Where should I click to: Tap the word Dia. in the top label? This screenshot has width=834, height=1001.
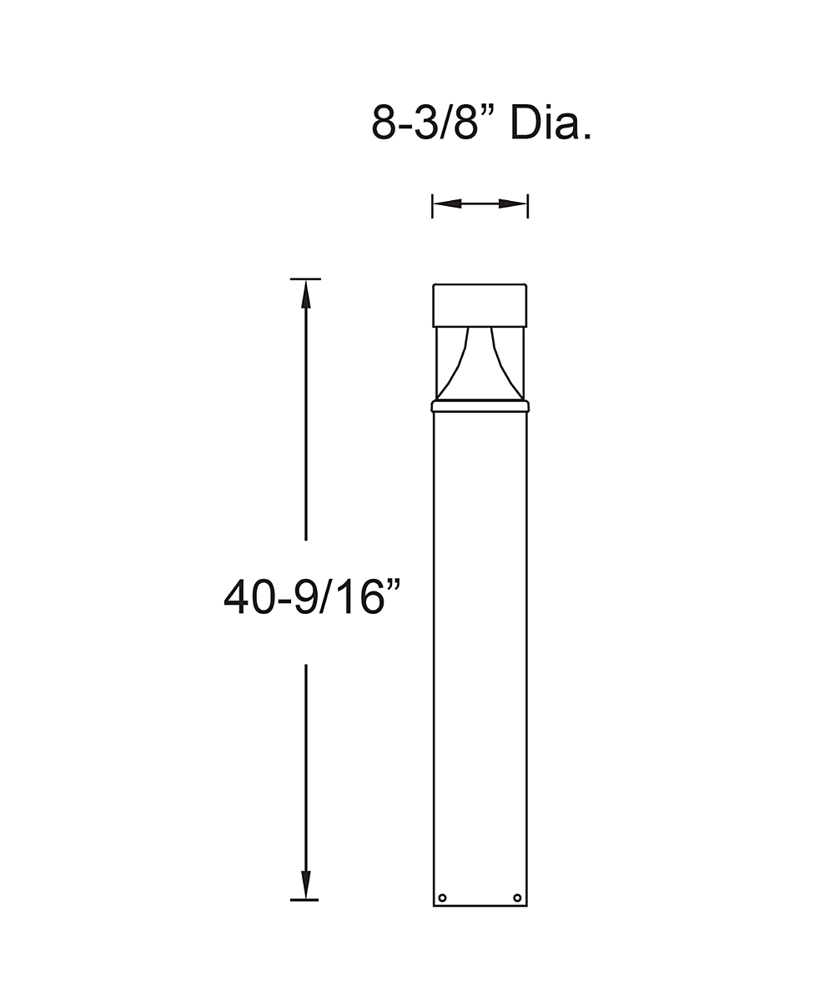(x=551, y=123)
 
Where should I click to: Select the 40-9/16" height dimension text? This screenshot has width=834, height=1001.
(x=312, y=596)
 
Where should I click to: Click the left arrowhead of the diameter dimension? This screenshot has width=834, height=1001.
(x=447, y=204)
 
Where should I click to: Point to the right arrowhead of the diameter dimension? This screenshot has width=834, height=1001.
(x=512, y=204)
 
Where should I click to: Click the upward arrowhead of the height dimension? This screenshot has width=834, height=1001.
(x=306, y=294)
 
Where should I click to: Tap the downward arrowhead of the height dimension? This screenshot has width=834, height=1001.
(x=306, y=898)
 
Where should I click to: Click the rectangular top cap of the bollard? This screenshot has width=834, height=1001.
(x=480, y=306)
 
